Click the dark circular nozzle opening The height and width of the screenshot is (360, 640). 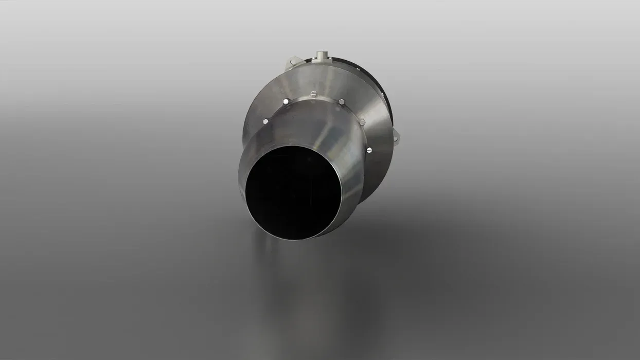[x=293, y=193]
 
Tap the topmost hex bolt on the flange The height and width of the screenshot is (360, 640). [x=313, y=93]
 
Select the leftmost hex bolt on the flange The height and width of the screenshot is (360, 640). [x=265, y=121]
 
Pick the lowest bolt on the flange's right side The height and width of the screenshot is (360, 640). [x=369, y=150]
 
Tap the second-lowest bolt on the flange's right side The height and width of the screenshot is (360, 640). [x=362, y=122]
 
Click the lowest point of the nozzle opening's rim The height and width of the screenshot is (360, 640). [x=292, y=239]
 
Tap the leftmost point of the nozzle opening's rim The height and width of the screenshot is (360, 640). [x=245, y=193]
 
